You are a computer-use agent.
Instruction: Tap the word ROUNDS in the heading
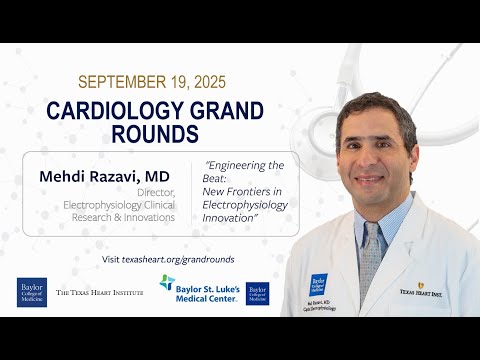pos(156,134)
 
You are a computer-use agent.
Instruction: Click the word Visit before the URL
pos(116,259)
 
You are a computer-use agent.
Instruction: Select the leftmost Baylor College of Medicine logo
pos(32,291)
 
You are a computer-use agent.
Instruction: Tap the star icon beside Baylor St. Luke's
pos(166,284)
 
